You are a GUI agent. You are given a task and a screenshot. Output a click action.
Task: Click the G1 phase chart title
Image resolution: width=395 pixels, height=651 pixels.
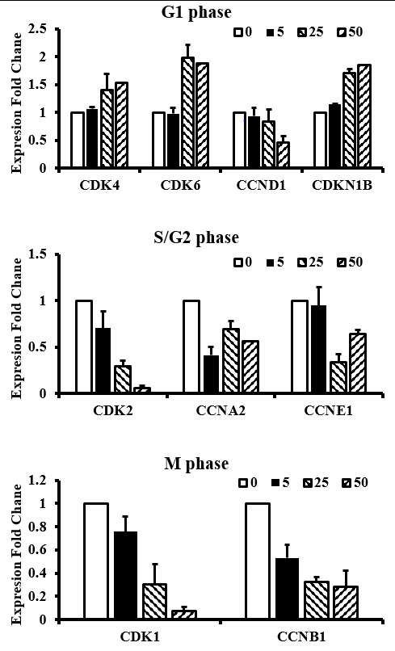click(196, 12)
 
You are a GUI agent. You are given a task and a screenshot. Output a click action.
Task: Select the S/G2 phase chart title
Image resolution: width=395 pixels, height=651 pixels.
click(195, 238)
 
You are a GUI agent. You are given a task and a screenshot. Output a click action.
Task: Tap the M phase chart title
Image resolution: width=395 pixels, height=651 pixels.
click(196, 464)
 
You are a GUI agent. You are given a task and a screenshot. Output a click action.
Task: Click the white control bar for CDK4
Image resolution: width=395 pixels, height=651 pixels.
click(78, 140)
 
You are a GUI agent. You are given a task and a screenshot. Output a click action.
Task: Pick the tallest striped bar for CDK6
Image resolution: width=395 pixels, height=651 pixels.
click(187, 112)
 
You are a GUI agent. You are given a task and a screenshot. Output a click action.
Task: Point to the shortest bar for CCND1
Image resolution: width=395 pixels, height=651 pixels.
click(283, 155)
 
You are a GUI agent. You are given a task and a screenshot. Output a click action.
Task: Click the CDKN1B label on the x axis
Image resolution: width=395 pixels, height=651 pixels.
click(342, 185)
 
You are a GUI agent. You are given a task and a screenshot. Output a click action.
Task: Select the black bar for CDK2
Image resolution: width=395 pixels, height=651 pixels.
click(103, 361)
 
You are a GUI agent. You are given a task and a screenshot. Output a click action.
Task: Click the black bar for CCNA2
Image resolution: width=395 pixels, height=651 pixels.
click(211, 375)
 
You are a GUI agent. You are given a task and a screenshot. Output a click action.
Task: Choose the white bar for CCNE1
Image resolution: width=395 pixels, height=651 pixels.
click(300, 347)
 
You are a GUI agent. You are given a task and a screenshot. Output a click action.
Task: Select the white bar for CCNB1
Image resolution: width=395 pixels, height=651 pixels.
click(258, 561)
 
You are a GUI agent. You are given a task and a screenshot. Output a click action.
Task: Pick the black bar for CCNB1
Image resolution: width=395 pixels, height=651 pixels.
click(286, 589)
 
